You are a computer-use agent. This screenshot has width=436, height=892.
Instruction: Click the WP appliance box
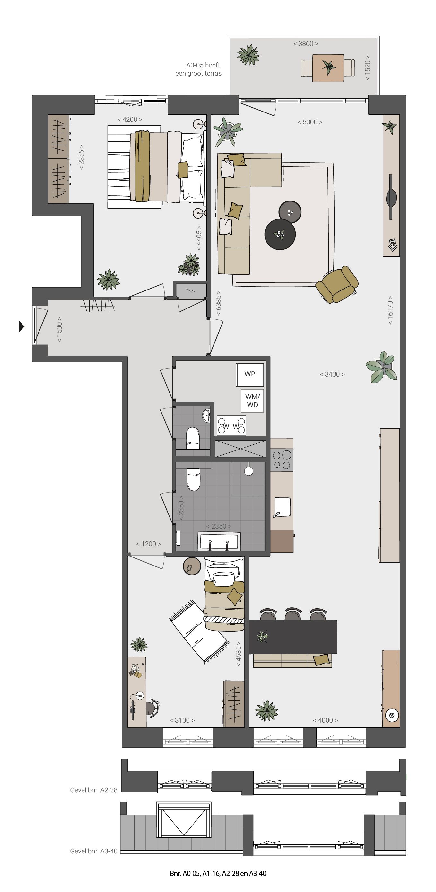(x=250, y=374)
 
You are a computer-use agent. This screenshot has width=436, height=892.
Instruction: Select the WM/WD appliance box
(x=252, y=401)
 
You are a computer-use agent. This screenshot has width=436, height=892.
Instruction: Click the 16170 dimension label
(x=390, y=310)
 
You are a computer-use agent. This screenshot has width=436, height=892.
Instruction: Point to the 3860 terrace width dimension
(x=306, y=44)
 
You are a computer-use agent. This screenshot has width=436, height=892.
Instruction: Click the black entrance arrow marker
(x=22, y=326)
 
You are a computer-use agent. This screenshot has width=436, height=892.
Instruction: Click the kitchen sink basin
(x=282, y=507)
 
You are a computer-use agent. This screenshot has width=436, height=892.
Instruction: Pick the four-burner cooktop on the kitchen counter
(x=282, y=459)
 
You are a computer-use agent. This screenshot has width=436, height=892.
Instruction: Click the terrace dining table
(x=328, y=68)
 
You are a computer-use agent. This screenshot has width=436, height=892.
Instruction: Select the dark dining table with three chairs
(x=293, y=637)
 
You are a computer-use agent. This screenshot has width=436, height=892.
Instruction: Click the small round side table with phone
(x=192, y=566)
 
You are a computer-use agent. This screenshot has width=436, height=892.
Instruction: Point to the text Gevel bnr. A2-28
(x=94, y=790)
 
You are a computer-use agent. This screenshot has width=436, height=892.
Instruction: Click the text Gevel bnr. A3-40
(x=94, y=851)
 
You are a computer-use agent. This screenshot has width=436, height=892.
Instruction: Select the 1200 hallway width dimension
(x=148, y=544)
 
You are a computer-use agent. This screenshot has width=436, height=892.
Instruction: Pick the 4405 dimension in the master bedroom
(x=199, y=236)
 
